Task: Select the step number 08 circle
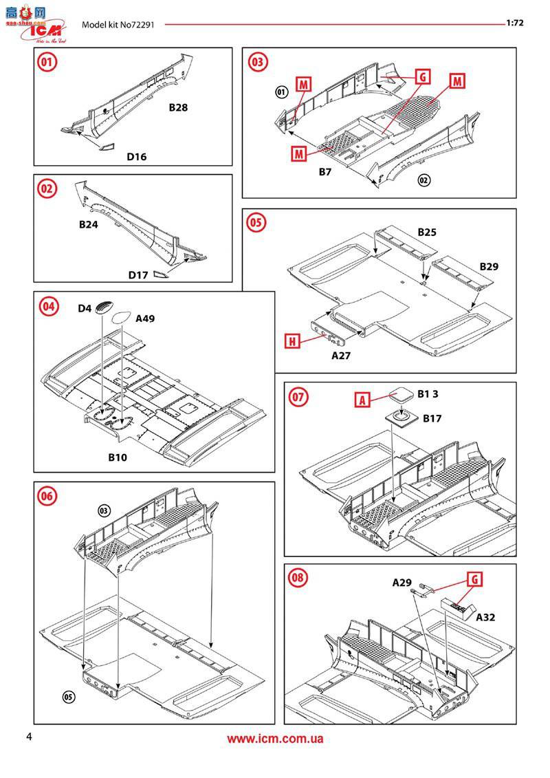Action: click(x=298, y=577)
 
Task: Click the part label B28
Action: click(x=178, y=108)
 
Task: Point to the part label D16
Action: click(x=136, y=157)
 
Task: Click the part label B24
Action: click(x=89, y=224)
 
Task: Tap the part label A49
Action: click(x=146, y=318)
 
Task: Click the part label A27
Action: click(x=341, y=355)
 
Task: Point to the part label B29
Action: click(x=489, y=266)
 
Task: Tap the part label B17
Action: click(x=432, y=418)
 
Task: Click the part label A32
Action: click(x=486, y=618)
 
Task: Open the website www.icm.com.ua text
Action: click(x=275, y=739)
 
